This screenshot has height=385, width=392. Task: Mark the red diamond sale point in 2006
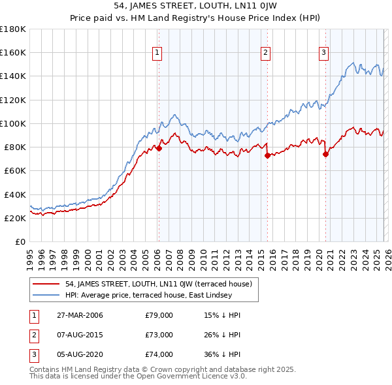159,148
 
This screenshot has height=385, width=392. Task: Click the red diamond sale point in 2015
267,155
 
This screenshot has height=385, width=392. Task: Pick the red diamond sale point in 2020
325,155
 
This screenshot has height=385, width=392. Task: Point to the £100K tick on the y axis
13,123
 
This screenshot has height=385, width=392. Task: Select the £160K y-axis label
13,52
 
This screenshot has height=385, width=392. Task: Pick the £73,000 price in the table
159,335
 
